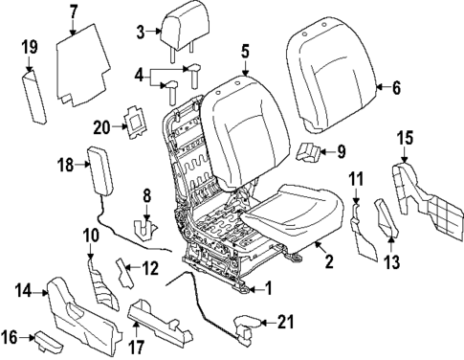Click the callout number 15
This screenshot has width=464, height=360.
404,136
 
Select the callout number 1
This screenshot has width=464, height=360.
269,284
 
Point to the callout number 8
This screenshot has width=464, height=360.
144,195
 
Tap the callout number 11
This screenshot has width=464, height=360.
355,179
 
